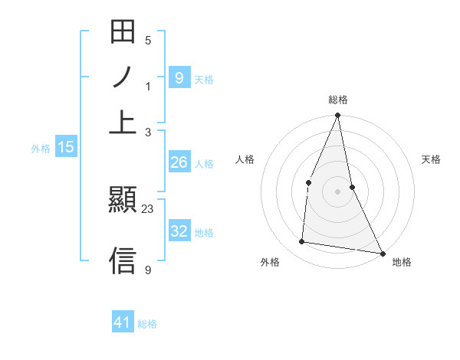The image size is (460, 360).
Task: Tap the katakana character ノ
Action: pyautogui.click(x=123, y=77)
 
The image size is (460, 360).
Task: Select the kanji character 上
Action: pyautogui.click(x=123, y=121)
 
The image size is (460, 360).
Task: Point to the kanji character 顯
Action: pyautogui.click(x=123, y=201)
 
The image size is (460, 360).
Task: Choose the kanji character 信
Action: pyautogui.click(x=123, y=260)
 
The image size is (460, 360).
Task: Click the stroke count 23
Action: pyautogui.click(x=148, y=208)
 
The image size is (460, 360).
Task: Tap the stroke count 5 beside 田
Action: pyautogui.click(x=148, y=41)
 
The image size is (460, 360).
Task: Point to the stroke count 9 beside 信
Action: pyautogui.click(x=148, y=270)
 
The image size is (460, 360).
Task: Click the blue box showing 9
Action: pyautogui.click(x=179, y=77)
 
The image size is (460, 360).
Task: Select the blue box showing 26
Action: pyautogui.click(x=179, y=162)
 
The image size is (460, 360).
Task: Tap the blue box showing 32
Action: pyautogui.click(x=179, y=231)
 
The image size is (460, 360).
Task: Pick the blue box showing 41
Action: pyautogui.click(x=123, y=322)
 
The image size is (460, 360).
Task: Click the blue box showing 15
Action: pyautogui.click(x=66, y=147)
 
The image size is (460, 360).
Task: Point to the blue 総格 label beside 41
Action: pyautogui.click(x=147, y=324)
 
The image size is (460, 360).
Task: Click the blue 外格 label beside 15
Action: pyautogui.click(x=40, y=149)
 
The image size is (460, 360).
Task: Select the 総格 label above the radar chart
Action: pyautogui.click(x=337, y=100)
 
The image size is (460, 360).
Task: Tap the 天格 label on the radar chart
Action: pyautogui.click(x=431, y=159)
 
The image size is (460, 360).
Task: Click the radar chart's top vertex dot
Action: pyautogui.click(x=337, y=116)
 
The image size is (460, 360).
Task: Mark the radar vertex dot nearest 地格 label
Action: pyautogui.click(x=382, y=254)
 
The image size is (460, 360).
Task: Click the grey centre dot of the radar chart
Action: pyautogui.click(x=337, y=191)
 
